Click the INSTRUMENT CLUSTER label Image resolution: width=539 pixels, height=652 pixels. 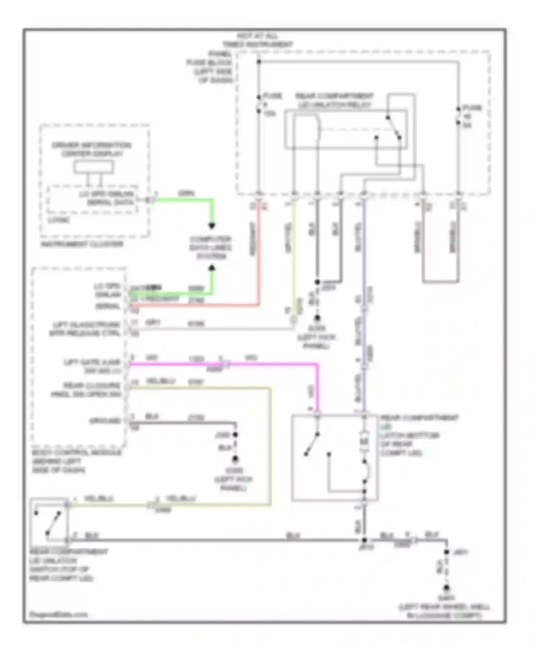[82, 244]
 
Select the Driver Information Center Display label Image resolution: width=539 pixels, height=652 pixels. [92, 150]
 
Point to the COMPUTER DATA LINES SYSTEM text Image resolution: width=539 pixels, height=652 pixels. [211, 248]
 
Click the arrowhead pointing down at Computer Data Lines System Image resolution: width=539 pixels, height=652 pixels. [212, 226]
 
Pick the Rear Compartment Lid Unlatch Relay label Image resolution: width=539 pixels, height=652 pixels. [334, 101]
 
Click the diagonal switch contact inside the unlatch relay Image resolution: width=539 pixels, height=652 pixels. [393, 128]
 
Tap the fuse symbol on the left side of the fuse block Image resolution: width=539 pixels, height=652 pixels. [259, 104]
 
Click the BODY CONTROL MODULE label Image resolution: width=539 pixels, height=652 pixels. [76, 461]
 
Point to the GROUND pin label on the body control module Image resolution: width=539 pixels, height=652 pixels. [105, 421]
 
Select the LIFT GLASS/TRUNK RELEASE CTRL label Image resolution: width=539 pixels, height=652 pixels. [85, 329]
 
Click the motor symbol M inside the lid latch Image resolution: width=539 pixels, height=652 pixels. [364, 441]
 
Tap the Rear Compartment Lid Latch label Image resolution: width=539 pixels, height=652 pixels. [419, 435]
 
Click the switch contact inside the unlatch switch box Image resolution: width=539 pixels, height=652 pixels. [53, 523]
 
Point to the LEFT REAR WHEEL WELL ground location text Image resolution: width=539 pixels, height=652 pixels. [444, 611]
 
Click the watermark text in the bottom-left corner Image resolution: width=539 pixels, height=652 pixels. [58, 614]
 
